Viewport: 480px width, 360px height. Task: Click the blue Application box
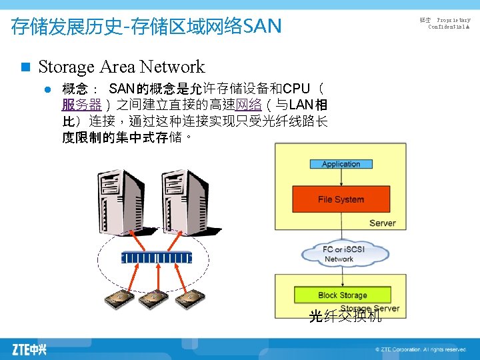tap(341, 164)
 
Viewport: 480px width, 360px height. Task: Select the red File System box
tap(341, 199)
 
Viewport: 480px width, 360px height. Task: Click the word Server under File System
tap(382, 223)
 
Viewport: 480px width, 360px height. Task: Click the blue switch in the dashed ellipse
tap(156, 257)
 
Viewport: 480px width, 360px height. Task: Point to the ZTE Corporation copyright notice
tap(420, 349)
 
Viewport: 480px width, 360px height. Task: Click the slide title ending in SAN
tap(147, 27)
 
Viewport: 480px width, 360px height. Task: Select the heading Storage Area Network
tap(121, 67)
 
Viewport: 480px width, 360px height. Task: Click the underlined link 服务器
tap(81, 105)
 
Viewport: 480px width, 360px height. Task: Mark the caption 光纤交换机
tap(345, 316)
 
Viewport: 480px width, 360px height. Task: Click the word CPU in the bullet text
tap(295, 89)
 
